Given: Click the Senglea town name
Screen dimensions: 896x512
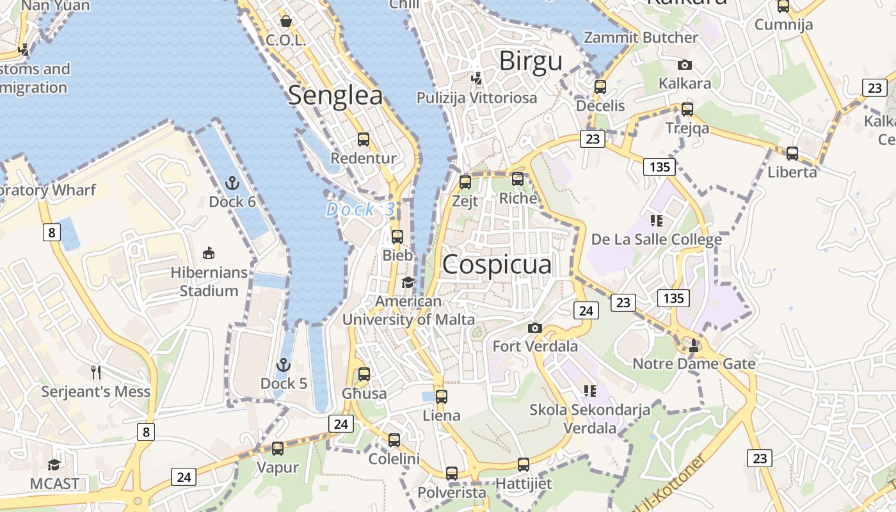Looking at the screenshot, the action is (x=335, y=95).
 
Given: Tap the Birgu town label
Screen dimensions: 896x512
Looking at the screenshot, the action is (x=531, y=61).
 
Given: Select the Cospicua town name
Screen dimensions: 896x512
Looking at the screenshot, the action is (x=497, y=264).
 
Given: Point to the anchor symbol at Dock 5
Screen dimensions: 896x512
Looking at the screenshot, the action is (x=284, y=365).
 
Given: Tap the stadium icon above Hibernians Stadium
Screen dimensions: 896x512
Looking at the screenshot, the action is (x=209, y=253).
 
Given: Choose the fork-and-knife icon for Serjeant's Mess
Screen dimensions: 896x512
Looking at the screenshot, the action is (x=96, y=372).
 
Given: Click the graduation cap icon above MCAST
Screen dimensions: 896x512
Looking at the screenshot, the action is (x=54, y=464).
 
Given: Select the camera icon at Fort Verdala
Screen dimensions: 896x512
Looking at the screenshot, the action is (x=535, y=328).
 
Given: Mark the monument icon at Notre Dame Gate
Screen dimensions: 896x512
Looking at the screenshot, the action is (x=694, y=345).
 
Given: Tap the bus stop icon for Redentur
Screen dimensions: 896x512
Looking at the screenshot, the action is (x=364, y=139).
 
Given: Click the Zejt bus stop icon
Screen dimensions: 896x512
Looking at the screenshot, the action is (x=465, y=182).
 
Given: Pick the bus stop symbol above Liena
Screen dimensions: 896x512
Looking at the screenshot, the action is (x=442, y=397).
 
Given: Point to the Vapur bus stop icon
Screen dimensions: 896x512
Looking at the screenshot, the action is (x=278, y=449).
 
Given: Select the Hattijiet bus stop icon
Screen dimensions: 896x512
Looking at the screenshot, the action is (x=524, y=465).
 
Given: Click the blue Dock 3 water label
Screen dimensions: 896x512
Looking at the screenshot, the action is (x=360, y=209).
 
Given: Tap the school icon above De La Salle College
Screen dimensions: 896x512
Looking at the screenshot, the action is (x=657, y=221).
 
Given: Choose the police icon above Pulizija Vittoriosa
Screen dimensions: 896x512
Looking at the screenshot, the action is (x=476, y=78).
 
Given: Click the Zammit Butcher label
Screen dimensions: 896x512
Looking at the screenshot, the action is (x=641, y=38).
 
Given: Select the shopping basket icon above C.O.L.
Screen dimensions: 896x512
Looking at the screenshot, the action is (x=286, y=21).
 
